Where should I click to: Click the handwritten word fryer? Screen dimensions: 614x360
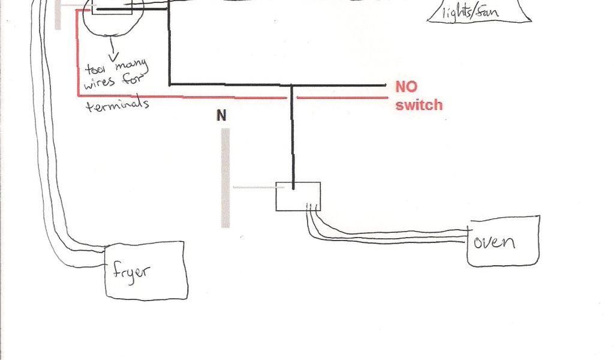(132, 272)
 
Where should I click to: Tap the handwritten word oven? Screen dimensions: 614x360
(494, 242)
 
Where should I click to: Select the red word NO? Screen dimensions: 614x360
(406, 87)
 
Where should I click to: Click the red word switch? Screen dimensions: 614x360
(419, 105)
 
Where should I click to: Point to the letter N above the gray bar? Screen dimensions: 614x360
(222, 115)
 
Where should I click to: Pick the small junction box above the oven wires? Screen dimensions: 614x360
(297, 196)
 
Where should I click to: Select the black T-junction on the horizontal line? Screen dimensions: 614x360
(293, 85)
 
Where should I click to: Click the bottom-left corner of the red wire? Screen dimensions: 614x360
(78, 95)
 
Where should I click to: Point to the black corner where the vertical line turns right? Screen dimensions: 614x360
(170, 85)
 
